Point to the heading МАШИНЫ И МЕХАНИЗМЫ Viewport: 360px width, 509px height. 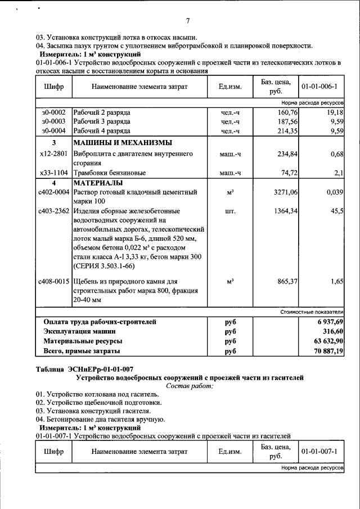[122, 142]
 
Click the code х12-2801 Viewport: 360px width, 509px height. [54, 153]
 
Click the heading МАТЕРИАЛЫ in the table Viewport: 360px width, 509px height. [98, 183]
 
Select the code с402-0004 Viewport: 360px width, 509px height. [53, 192]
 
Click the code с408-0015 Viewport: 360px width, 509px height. [53, 281]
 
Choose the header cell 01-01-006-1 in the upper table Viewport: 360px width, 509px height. [319, 87]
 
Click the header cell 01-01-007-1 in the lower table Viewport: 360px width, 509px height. [319, 452]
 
